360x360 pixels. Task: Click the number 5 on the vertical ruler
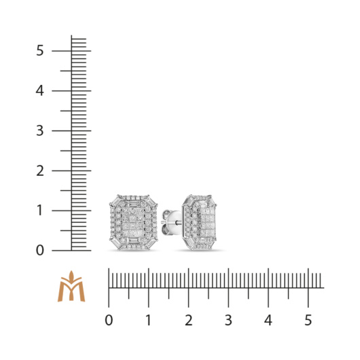tap(39, 50)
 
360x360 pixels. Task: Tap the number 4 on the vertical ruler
tap(39, 91)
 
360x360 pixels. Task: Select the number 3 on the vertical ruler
tap(39, 130)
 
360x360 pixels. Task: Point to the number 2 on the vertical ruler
tap(40, 170)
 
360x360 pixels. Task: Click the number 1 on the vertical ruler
tap(39, 211)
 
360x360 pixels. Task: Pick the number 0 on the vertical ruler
tap(39, 250)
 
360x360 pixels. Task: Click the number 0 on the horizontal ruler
tap(109, 321)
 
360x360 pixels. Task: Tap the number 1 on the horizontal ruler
tap(149, 321)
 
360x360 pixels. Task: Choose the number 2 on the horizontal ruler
tap(189, 321)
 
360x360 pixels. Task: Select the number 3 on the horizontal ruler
tap(228, 321)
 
